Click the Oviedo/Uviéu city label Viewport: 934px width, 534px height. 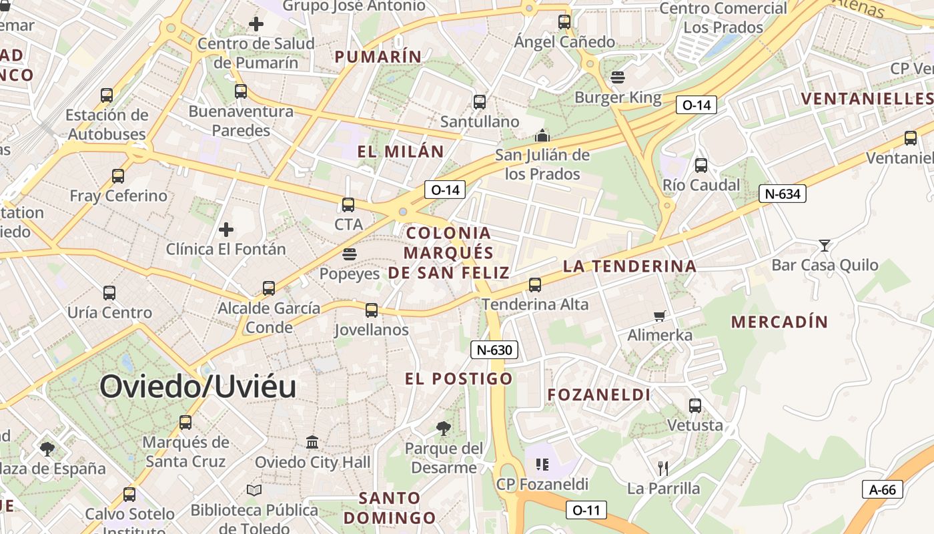(x=198, y=386)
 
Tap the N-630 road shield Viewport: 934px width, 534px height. (x=494, y=350)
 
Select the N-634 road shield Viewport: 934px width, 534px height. (x=783, y=194)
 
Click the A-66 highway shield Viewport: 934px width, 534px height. (x=883, y=489)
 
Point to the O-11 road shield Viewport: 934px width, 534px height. (x=586, y=511)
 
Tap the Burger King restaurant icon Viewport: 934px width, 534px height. (x=618, y=77)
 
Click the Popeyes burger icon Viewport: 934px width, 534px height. (x=349, y=254)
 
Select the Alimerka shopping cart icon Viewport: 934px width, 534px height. (x=660, y=316)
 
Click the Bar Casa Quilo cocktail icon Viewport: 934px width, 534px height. (x=825, y=246)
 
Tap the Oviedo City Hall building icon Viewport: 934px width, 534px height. (x=312, y=442)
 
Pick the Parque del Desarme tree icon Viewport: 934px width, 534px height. (x=444, y=429)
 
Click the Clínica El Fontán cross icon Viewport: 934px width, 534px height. (x=226, y=230)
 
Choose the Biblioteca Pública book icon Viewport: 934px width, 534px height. (x=254, y=491)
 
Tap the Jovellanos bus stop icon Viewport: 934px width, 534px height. (x=372, y=310)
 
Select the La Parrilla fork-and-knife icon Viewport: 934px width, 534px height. (x=662, y=468)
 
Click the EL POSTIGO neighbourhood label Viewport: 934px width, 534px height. (x=459, y=378)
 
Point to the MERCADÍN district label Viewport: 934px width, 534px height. (x=779, y=322)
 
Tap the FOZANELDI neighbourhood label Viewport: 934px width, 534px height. (x=599, y=394)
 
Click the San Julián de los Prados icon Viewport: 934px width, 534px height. (x=542, y=136)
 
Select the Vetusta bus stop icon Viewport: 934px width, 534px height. (x=695, y=405)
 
